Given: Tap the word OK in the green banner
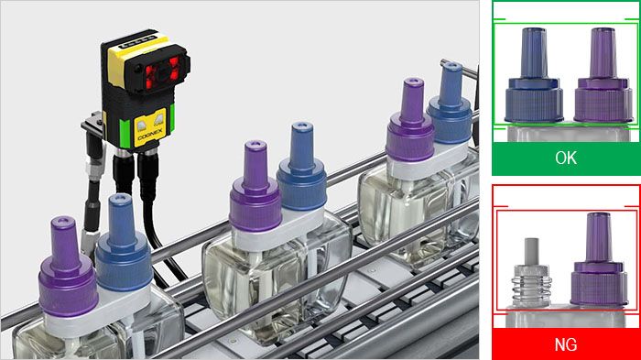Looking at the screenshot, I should point(566,158).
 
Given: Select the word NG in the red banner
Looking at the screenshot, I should point(566,345).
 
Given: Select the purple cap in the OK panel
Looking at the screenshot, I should point(600,82).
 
